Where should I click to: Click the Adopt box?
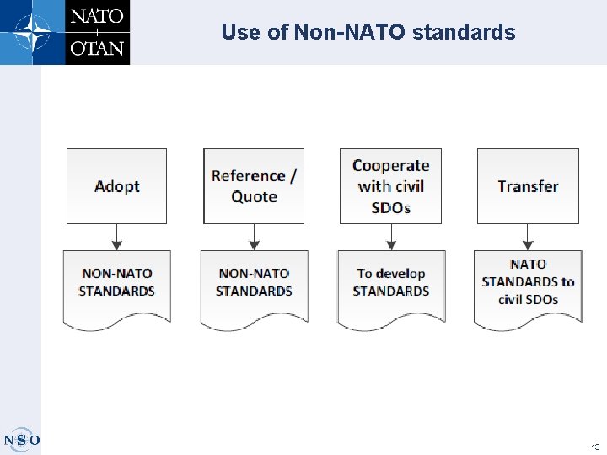coord(116,186)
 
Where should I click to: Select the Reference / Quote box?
coord(254,186)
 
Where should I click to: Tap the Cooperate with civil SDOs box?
coord(390,186)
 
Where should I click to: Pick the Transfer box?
coord(528,186)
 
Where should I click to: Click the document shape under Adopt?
coord(116,286)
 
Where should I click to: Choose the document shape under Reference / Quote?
coord(254,286)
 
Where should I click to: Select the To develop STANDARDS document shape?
coord(390,286)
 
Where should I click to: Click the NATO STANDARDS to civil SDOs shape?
coord(528,286)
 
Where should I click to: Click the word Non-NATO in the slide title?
coord(349,33)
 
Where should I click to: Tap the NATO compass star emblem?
coord(32,32)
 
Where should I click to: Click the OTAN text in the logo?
coord(97,48)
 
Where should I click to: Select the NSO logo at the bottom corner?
coord(21,439)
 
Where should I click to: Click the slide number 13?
coord(595,447)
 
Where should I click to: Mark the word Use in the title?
coord(239,33)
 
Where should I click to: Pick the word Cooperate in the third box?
coord(390,166)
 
